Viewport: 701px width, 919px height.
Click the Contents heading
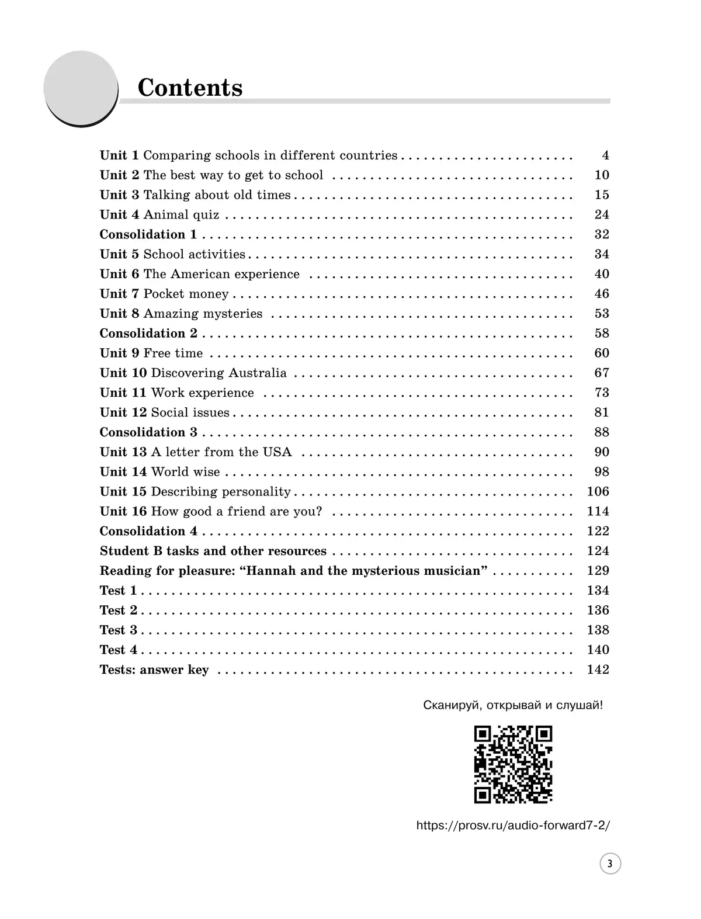[190, 88]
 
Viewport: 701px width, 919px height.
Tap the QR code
[513, 764]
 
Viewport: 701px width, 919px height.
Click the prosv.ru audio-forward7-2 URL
[512, 826]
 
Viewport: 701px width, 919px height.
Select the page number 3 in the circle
[610, 863]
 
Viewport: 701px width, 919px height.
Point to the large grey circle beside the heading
[81, 88]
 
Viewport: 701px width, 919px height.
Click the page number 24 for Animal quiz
[602, 214]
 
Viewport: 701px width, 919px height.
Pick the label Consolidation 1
[148, 234]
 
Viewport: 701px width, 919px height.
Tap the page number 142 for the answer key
[598, 670]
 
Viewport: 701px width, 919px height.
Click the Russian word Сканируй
[446, 705]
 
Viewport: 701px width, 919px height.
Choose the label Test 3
[119, 630]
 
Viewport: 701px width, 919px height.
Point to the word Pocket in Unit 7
[164, 294]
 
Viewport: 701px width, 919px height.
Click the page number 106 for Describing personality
[598, 491]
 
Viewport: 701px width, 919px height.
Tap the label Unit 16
[123, 511]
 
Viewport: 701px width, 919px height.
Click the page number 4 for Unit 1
[605, 155]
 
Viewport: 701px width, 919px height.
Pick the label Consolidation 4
[148, 531]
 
